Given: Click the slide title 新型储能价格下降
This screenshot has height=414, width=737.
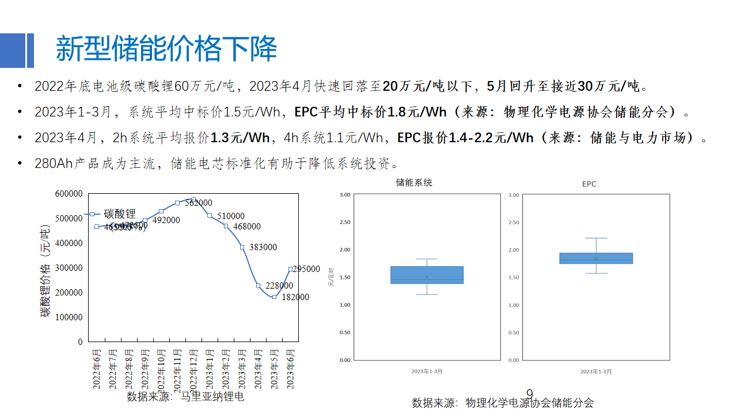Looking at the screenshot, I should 166,48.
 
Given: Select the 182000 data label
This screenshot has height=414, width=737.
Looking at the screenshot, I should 295,297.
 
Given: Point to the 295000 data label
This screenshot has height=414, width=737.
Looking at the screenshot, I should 306,269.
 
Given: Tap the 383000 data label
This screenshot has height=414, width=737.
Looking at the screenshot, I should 263,247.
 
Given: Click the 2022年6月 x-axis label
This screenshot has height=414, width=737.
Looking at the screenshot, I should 97,368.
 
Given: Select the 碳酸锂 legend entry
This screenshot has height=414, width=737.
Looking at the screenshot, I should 119,214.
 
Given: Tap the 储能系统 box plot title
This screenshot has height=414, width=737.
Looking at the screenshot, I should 414,183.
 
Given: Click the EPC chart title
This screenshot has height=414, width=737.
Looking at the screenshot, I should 589,184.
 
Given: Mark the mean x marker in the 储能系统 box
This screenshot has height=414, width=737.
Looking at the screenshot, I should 427,277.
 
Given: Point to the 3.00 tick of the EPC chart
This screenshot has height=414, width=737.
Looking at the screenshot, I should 515,195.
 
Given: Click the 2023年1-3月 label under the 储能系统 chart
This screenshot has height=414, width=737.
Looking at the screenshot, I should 427,371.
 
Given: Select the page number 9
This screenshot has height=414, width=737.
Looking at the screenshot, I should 530,394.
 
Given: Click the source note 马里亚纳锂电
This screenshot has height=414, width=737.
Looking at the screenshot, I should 212,396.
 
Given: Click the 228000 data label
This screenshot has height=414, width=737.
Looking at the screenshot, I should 279,286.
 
